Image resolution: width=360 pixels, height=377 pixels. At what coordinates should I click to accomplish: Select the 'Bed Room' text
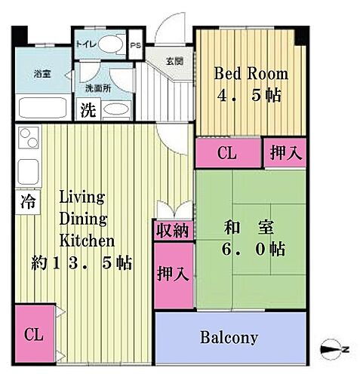[x=251, y=74]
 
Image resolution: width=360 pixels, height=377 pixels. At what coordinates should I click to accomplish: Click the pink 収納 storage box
[x=173, y=231]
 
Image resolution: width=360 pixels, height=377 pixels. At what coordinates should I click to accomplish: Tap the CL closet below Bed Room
[x=226, y=153]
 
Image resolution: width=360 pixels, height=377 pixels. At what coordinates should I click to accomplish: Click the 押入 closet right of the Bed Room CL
[x=286, y=152]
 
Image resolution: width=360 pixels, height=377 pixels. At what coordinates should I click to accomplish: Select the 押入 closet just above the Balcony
[x=173, y=272]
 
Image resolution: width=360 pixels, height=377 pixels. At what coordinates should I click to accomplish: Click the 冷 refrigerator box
[x=27, y=201]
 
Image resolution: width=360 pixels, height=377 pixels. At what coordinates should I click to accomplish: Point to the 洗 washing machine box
[x=88, y=110]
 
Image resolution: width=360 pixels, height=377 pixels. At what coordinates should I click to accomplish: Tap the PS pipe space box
[x=135, y=44]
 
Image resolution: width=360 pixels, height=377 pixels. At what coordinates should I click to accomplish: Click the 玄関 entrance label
[x=174, y=62]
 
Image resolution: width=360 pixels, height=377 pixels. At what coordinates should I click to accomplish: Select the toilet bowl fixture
[x=113, y=44]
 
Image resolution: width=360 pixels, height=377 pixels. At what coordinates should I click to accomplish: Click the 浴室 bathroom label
[x=42, y=74]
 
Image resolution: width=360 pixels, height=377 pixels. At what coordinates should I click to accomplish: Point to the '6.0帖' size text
[x=254, y=250]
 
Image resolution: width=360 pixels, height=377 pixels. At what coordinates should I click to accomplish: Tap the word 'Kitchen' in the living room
[x=87, y=241]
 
